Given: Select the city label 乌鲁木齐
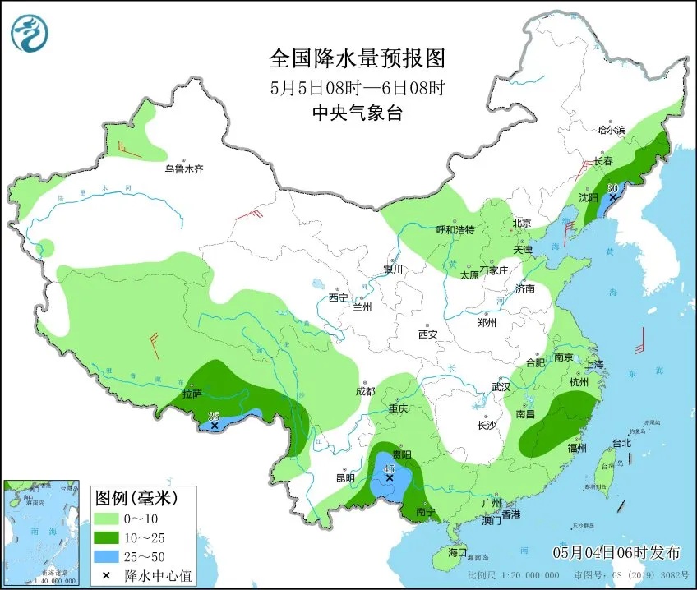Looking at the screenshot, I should [182, 169].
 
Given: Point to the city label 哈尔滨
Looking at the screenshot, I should [611, 130].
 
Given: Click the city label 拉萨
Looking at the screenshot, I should [192, 394].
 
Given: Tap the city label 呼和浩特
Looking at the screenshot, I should [455, 230].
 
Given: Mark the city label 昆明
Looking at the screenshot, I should [345, 477].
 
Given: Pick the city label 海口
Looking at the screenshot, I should [456, 551].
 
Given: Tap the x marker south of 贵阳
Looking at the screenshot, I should [390, 477].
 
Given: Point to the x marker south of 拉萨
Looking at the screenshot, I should [214, 426].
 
